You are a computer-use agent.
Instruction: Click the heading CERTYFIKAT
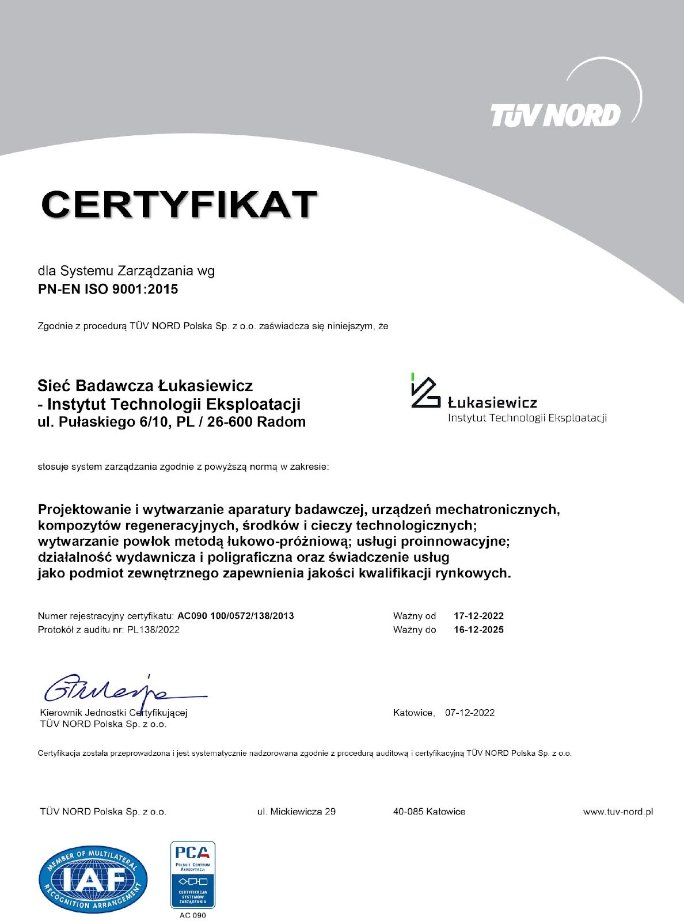179,204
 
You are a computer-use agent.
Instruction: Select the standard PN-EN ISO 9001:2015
108,289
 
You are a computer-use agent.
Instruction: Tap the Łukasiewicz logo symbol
425,391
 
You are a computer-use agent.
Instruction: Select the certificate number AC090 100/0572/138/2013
235,615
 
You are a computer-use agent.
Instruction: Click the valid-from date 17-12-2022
478,615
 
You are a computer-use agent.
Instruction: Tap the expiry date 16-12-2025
478,630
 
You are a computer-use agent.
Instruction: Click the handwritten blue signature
115,688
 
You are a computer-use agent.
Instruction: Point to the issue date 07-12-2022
470,713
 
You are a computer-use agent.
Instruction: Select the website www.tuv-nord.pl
618,812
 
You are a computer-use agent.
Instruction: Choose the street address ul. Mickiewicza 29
297,812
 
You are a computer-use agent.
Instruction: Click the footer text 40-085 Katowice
429,812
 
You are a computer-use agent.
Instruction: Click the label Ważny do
415,630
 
